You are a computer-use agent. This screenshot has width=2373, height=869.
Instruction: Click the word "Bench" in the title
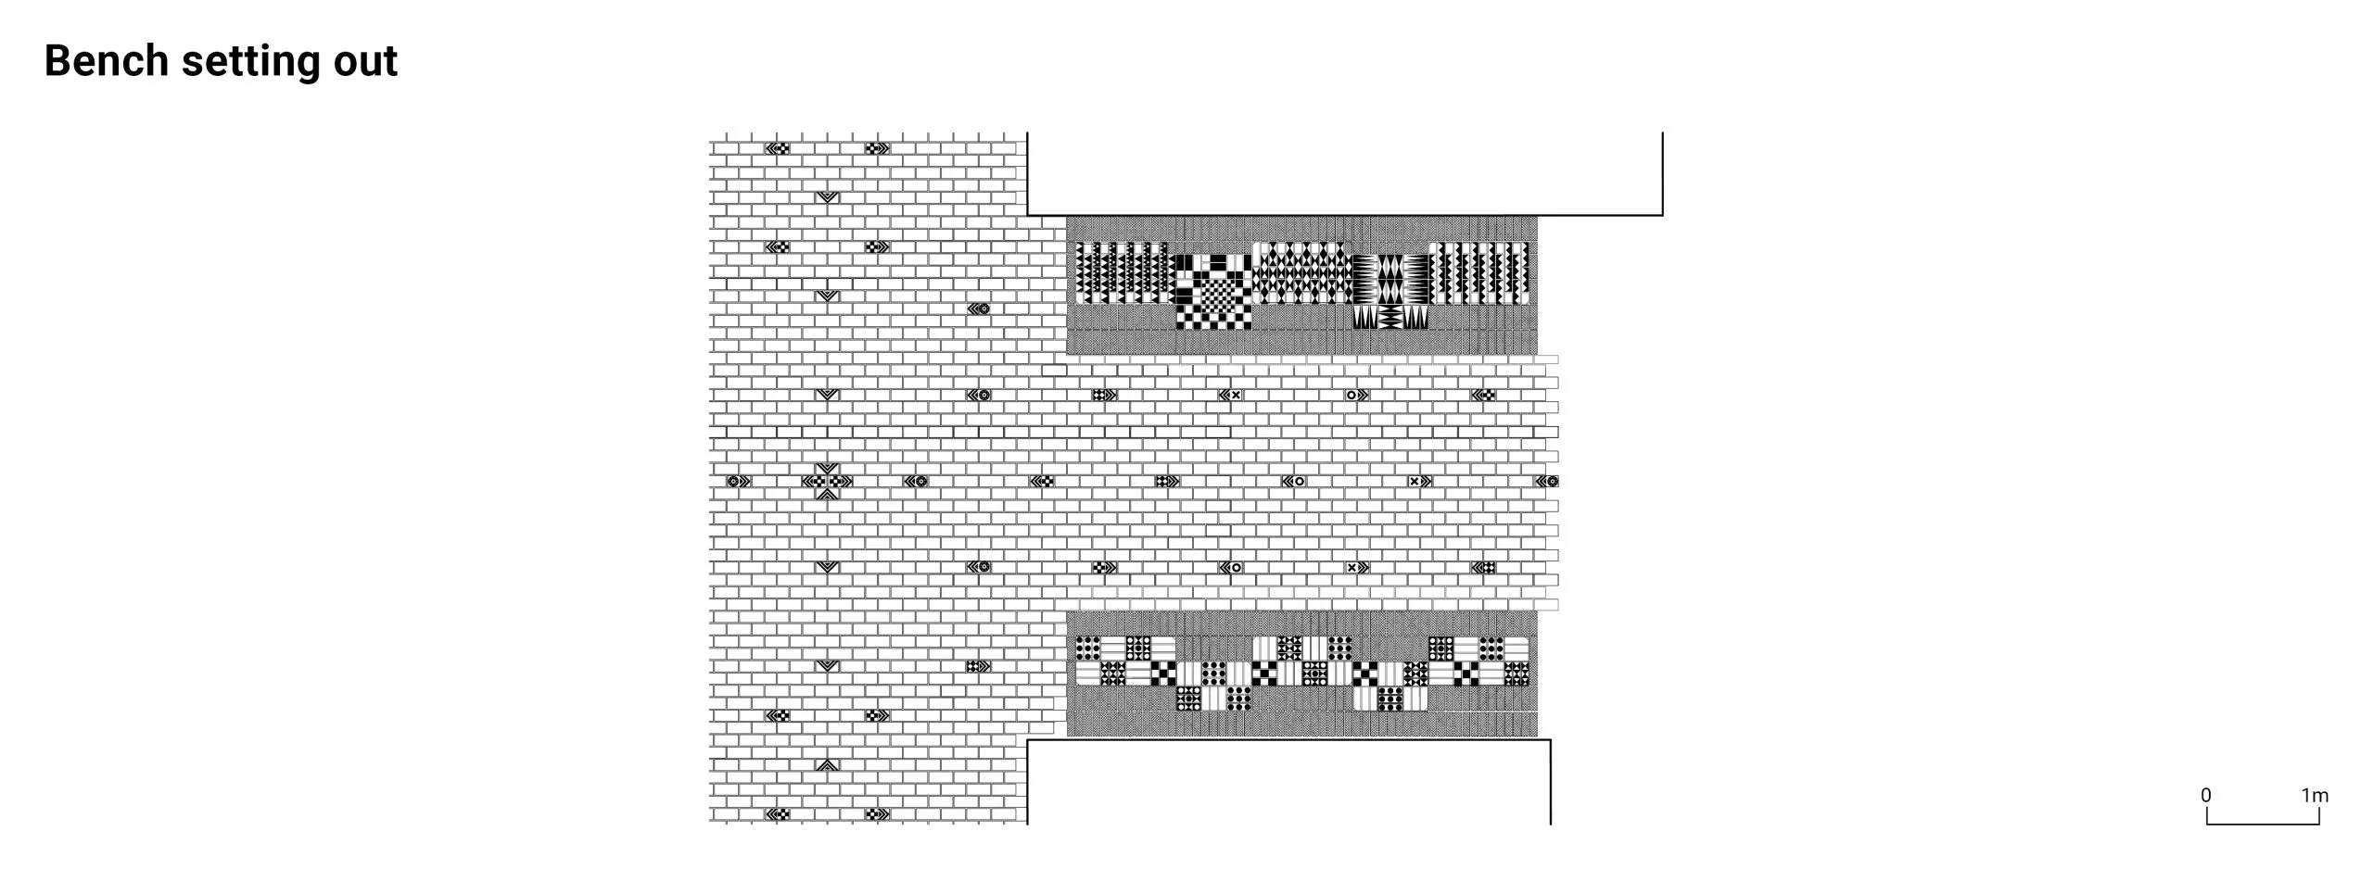pos(107,61)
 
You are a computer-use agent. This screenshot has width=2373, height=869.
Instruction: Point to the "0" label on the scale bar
pos(2206,795)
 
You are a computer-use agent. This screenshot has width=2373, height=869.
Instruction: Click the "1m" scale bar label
pos(2315,795)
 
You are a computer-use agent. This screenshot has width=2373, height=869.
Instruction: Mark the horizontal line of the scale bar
pos(2263,824)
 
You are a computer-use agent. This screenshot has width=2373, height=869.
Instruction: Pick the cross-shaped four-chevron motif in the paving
pos(827,481)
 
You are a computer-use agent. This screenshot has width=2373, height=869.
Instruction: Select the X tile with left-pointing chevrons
pos(1230,395)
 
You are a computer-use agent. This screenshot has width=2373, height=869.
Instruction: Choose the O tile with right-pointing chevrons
pos(1357,395)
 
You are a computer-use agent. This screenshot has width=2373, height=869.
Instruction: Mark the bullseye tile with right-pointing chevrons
pos(739,481)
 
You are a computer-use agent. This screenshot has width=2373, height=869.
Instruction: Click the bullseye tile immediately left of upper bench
pos(979,309)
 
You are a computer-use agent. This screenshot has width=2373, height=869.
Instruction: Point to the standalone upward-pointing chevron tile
pos(827,765)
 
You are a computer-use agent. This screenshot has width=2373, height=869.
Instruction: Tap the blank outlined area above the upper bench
pos(1344,174)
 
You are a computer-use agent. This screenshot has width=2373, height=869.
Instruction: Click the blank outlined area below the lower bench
pos(1288,781)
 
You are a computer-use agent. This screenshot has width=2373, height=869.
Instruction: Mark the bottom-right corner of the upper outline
pos(1662,215)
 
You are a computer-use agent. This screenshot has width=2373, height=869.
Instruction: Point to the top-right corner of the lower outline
pos(1550,739)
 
